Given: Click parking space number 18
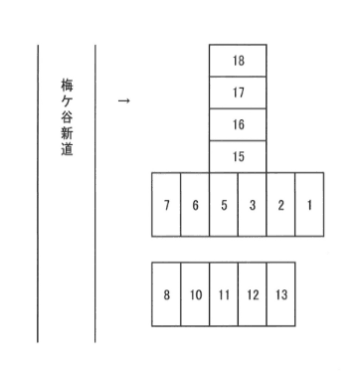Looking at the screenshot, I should (238, 61).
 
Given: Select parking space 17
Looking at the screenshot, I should (238, 93).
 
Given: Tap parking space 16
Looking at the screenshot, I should (238, 124).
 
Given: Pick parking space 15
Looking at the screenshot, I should (238, 156).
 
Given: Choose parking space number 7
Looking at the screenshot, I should (166, 205).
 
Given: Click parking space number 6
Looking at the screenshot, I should (195, 205).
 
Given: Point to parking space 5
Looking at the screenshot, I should (224, 205).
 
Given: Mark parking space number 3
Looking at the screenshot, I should (253, 205).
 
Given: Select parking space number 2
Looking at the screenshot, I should (281, 205).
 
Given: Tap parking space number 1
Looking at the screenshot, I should (310, 205).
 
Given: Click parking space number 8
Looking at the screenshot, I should (166, 294).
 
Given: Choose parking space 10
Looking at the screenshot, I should (195, 294).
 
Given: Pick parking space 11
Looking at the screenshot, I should (224, 294).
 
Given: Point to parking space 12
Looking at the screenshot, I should (253, 294).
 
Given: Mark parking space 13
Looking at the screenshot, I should (281, 294).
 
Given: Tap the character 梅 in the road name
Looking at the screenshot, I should (67, 88).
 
